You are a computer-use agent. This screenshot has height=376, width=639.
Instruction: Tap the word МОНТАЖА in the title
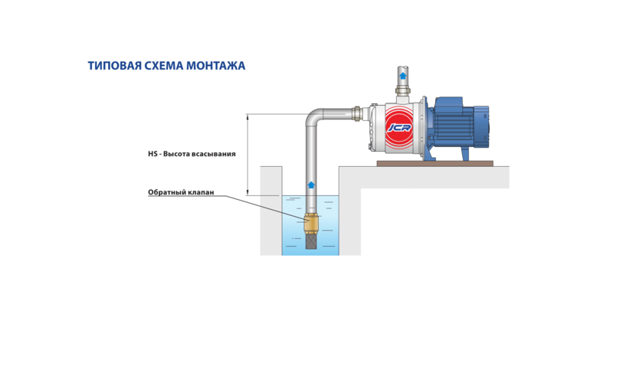pyautogui.click(x=215, y=66)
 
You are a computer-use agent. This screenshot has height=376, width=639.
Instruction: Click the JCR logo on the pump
pyautogui.click(x=399, y=128)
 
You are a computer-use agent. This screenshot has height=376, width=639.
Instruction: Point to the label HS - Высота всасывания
pyautogui.click(x=192, y=154)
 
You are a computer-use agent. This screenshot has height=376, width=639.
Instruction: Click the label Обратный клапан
pyautogui.click(x=181, y=192)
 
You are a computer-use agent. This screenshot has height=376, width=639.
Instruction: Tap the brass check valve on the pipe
pyautogui.click(x=311, y=224)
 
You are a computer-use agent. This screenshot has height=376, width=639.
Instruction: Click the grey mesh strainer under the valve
pyautogui.click(x=311, y=240)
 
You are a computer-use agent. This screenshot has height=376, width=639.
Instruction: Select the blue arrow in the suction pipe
pyautogui.click(x=311, y=185)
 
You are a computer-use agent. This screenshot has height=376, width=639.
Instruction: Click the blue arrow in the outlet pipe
pyautogui.click(x=403, y=75)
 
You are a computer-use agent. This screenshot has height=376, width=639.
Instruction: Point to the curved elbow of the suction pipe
pyautogui.click(x=313, y=116)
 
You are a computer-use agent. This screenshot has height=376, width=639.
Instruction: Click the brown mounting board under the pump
pyautogui.click(x=435, y=163)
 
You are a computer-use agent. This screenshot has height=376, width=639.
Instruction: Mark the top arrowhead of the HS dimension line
pyautogui.click(x=247, y=116)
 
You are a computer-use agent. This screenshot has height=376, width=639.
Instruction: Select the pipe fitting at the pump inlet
pyautogui.click(x=357, y=113)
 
